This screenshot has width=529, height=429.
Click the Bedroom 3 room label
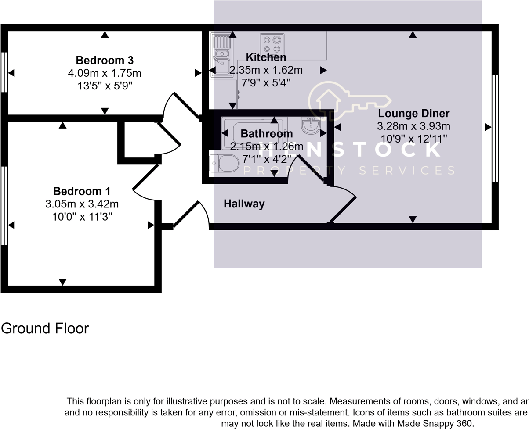[x=105, y=60]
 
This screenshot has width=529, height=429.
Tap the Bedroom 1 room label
[x=82, y=191]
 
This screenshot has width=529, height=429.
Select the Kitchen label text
[x=266, y=57]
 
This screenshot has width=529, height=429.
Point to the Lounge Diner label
[x=414, y=114]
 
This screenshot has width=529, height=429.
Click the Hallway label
[x=244, y=204]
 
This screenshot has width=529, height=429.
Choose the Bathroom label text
[x=266, y=134]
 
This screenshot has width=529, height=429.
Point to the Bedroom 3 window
[x=4, y=72]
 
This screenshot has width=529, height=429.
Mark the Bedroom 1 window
[x=4, y=205]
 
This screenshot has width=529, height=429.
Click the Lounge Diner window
[x=495, y=128]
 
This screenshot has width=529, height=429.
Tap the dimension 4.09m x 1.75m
[x=105, y=73]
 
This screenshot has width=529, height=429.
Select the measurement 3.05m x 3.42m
[x=82, y=204]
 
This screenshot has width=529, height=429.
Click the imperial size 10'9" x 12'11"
[x=414, y=139]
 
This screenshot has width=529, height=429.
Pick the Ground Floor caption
[x=45, y=328]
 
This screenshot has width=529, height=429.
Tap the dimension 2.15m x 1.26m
[x=266, y=146]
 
